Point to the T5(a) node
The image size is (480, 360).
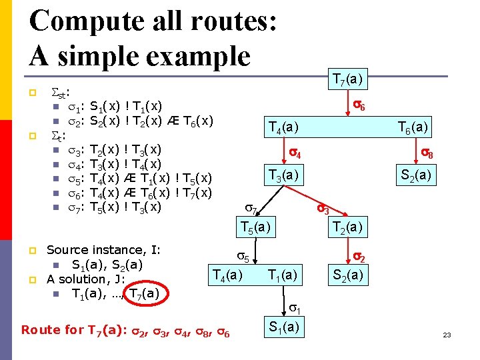(256, 227)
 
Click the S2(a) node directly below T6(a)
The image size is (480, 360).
(414, 175)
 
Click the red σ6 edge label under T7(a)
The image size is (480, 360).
(359, 105)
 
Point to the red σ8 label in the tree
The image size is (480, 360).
(427, 155)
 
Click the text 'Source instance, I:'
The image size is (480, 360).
(103, 250)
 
